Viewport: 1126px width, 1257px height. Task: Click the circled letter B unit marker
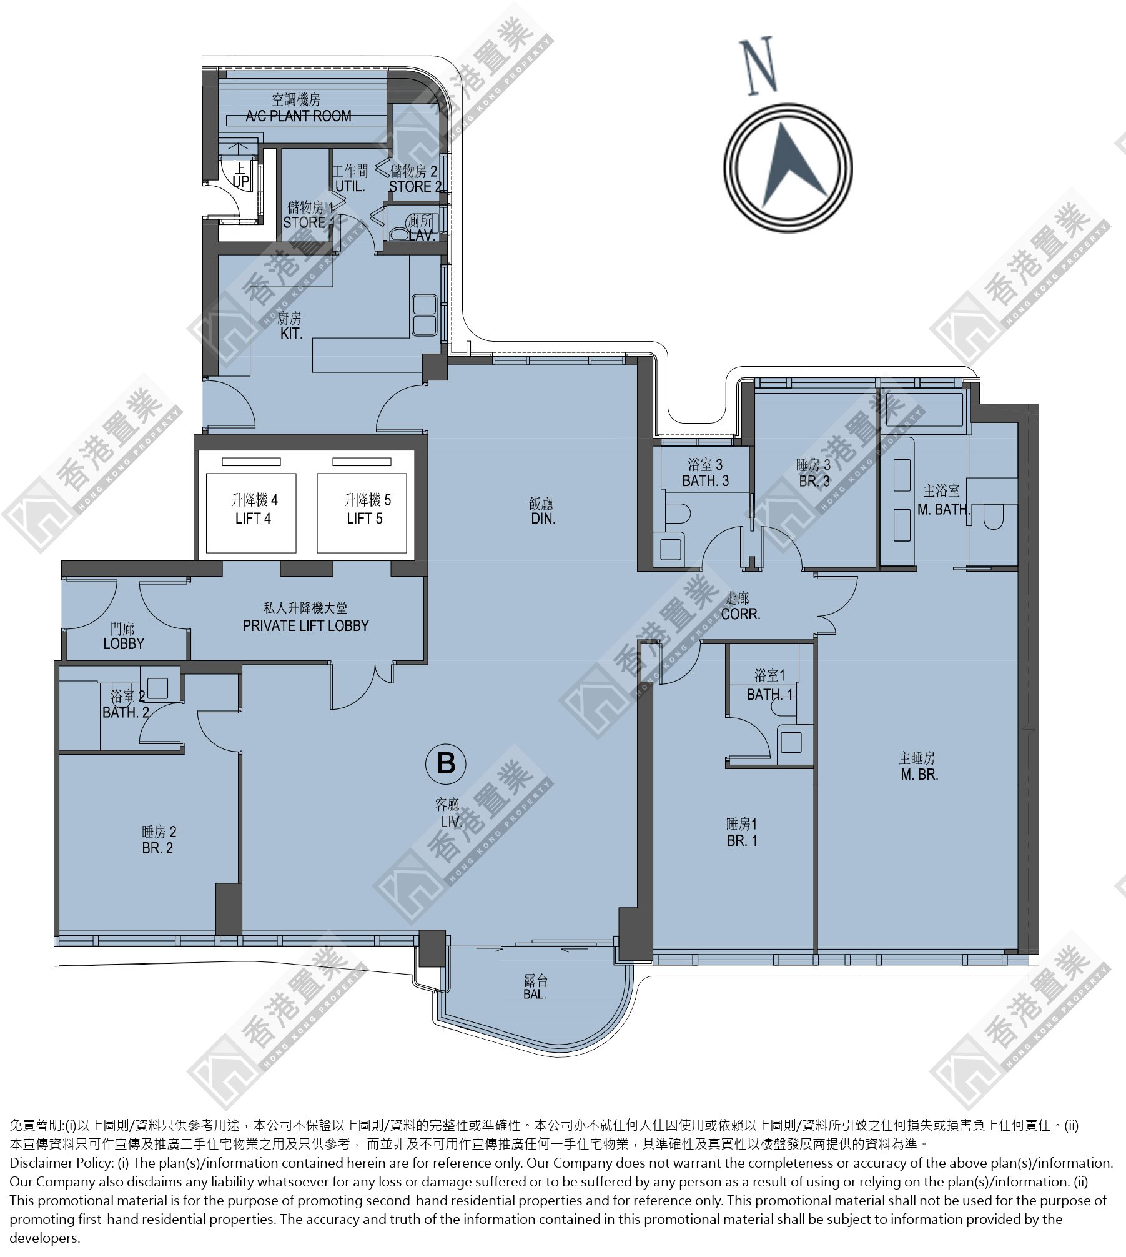point(445,763)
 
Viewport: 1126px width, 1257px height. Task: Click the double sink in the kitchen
point(424,315)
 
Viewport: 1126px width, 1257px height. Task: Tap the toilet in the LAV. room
point(397,234)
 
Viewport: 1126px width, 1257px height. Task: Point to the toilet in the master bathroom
point(993,517)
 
